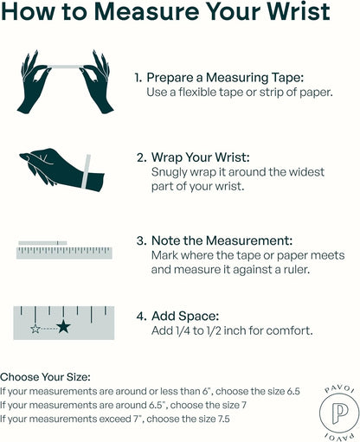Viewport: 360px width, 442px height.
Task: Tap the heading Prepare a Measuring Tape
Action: pyautogui.click(x=225, y=78)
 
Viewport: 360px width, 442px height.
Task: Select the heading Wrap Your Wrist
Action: pyautogui.click(x=201, y=157)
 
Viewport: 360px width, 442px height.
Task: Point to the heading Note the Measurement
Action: pyautogui.click(x=222, y=240)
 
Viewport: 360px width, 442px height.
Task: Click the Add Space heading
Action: pyautogui.click(x=185, y=317)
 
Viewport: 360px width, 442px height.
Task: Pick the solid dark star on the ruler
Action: pyautogui.click(x=63, y=327)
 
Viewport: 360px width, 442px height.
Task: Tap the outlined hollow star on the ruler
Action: pyautogui.click(x=35, y=329)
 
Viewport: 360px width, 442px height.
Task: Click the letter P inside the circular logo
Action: pyautogui.click(x=339, y=413)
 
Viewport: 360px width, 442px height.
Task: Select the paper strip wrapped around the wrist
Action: pyautogui.click(x=87, y=171)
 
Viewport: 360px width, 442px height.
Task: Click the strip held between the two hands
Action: pyautogui.click(x=65, y=67)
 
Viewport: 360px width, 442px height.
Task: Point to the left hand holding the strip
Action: pyautogui.click(x=34, y=82)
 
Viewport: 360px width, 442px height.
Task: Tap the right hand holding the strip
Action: pyautogui.click(x=97, y=82)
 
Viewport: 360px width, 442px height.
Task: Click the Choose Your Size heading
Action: pyautogui.click(x=45, y=377)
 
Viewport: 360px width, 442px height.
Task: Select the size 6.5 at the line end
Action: pyautogui.click(x=293, y=391)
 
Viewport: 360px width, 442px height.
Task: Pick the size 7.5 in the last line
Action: pyautogui.click(x=222, y=419)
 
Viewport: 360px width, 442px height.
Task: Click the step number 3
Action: pyautogui.click(x=141, y=241)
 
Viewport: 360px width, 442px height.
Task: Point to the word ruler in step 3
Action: pyautogui.click(x=298, y=270)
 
